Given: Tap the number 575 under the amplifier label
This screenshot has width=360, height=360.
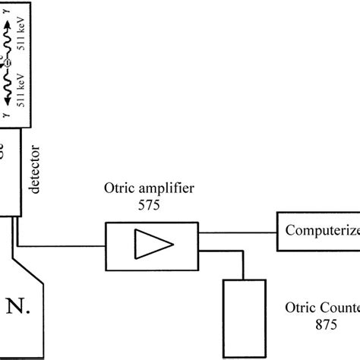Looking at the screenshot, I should click(x=150, y=206).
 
